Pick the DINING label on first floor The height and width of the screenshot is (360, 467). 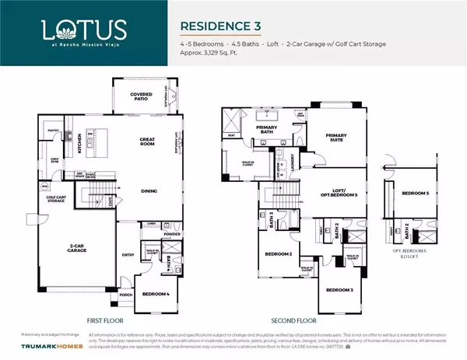coord(149,191)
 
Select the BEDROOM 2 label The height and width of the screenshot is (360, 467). coord(279,254)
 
